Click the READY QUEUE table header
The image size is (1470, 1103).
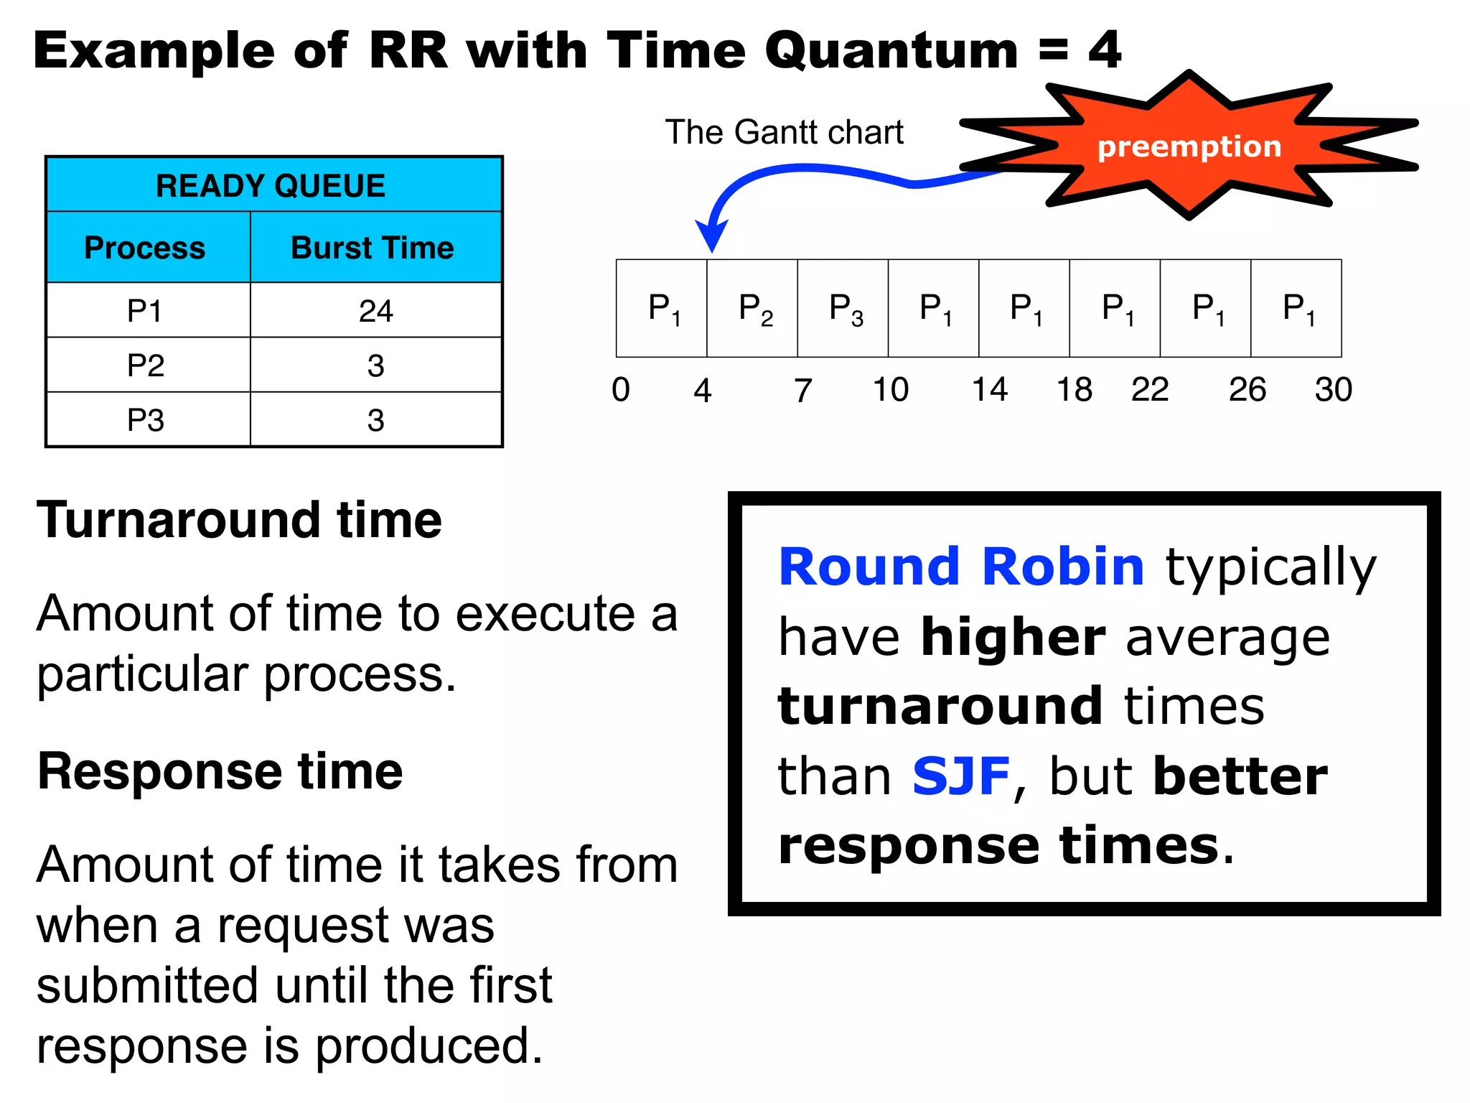tap(271, 186)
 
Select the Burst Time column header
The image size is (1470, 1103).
tap(373, 248)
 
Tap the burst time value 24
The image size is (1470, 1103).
tap(375, 311)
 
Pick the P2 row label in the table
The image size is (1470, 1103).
tap(146, 366)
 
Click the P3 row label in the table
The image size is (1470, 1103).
tap(146, 420)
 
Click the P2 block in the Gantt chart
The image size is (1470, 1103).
tap(754, 309)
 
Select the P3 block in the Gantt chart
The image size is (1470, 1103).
tap(844, 309)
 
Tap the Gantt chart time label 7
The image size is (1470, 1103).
tap(802, 391)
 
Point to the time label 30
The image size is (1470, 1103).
tap(1333, 390)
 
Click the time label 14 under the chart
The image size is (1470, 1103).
tap(989, 390)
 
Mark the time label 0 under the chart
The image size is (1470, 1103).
tap(621, 390)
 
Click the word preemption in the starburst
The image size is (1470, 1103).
tap(1189, 147)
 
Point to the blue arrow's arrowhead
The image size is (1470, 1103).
tap(711, 236)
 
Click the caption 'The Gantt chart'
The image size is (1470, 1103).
tap(784, 132)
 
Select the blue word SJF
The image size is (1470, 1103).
tap(961, 776)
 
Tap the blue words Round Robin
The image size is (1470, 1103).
tap(961, 567)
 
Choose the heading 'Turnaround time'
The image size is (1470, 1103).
tap(239, 520)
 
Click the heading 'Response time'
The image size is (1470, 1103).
tap(220, 771)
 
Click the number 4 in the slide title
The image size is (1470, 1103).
tap(1105, 50)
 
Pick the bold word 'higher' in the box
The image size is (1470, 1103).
tap(1013, 637)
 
